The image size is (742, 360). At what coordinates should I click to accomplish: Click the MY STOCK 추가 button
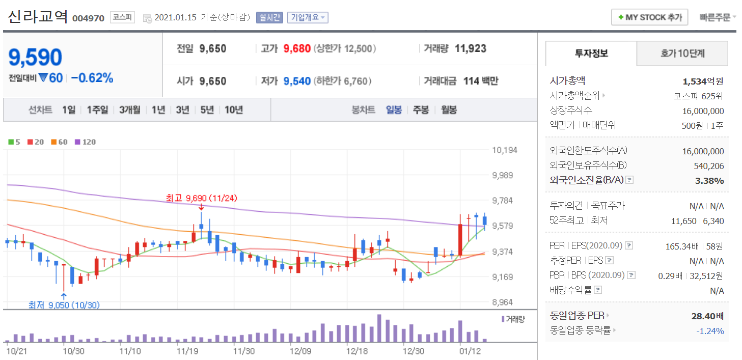pyautogui.click(x=649, y=17)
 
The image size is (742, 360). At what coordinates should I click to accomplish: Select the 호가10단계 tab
pyautogui.click(x=682, y=53)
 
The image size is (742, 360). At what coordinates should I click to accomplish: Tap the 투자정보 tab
pyautogui.click(x=591, y=53)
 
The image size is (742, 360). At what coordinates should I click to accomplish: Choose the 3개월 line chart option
pyautogui.click(x=130, y=110)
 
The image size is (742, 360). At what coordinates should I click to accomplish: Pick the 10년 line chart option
pyautogui.click(x=234, y=110)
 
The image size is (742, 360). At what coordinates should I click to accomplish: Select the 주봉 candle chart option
pyautogui.click(x=421, y=110)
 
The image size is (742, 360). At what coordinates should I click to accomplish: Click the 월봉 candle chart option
pyautogui.click(x=449, y=110)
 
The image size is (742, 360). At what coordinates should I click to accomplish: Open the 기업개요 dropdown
pyautogui.click(x=308, y=17)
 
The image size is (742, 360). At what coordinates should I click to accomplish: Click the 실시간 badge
pyautogui.click(x=269, y=17)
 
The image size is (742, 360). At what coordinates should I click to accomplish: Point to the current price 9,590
pyautogui.click(x=35, y=58)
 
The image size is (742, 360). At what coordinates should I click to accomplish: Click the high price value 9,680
pyautogui.click(x=297, y=49)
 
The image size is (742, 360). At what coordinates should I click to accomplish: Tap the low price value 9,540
pyautogui.click(x=297, y=81)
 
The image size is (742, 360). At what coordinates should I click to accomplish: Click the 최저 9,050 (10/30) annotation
pyautogui.click(x=64, y=305)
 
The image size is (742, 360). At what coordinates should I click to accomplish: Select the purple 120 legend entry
pyautogui.click(x=86, y=142)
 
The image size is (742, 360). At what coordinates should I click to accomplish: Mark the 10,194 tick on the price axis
pyautogui.click(x=504, y=150)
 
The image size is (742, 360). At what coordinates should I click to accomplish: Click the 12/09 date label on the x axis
pyautogui.click(x=300, y=351)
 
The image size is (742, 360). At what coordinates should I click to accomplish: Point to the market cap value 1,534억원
pyautogui.click(x=703, y=81)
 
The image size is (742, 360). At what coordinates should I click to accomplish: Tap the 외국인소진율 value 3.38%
pyautogui.click(x=709, y=180)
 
